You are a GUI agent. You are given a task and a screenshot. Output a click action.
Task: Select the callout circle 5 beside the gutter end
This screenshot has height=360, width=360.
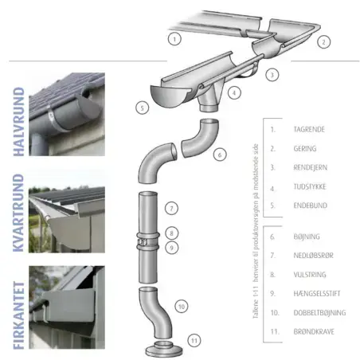click(x=143, y=107)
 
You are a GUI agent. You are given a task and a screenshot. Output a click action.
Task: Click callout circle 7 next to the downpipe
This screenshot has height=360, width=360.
click(x=170, y=209)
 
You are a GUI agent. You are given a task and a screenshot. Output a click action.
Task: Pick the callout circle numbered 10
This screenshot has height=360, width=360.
click(x=182, y=305)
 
